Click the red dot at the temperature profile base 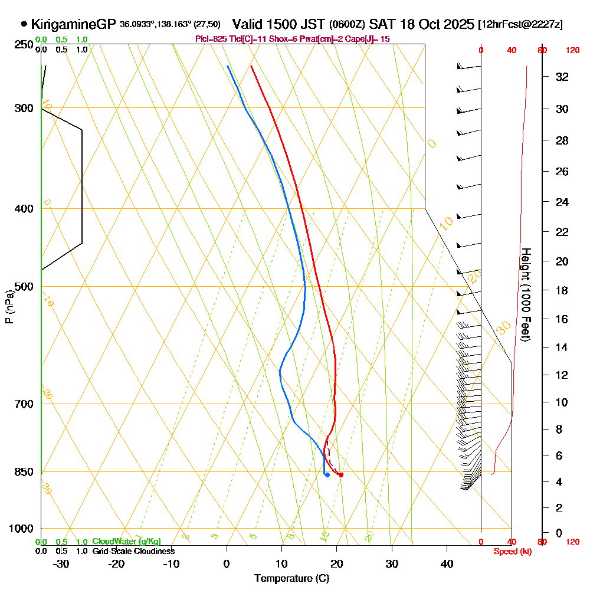[x=341, y=474]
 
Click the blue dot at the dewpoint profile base [x=327, y=474]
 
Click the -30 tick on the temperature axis [x=61, y=563]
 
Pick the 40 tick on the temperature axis [x=447, y=563]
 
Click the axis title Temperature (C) [x=291, y=578]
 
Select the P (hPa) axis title [x=9, y=307]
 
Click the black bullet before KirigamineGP [x=24, y=24]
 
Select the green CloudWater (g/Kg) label [x=126, y=542]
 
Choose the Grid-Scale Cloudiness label [x=133, y=551]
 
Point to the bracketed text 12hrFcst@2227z [x=521, y=24]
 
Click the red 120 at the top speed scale [x=572, y=51]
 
